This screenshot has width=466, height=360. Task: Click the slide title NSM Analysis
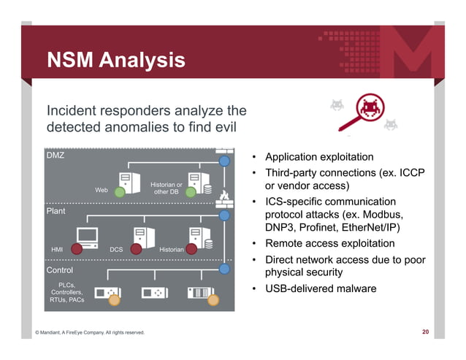pos(115,60)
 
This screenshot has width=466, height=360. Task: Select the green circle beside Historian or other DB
pos(191,192)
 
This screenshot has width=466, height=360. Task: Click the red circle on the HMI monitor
pos(75,247)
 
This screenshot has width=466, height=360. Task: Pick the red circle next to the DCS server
pos(135,247)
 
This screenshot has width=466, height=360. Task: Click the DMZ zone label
pos(56,156)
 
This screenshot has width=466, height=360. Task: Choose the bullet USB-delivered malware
pos(321,288)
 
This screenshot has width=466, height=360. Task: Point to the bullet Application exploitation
pos(319,158)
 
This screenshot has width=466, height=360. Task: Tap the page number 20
pos(425,332)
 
